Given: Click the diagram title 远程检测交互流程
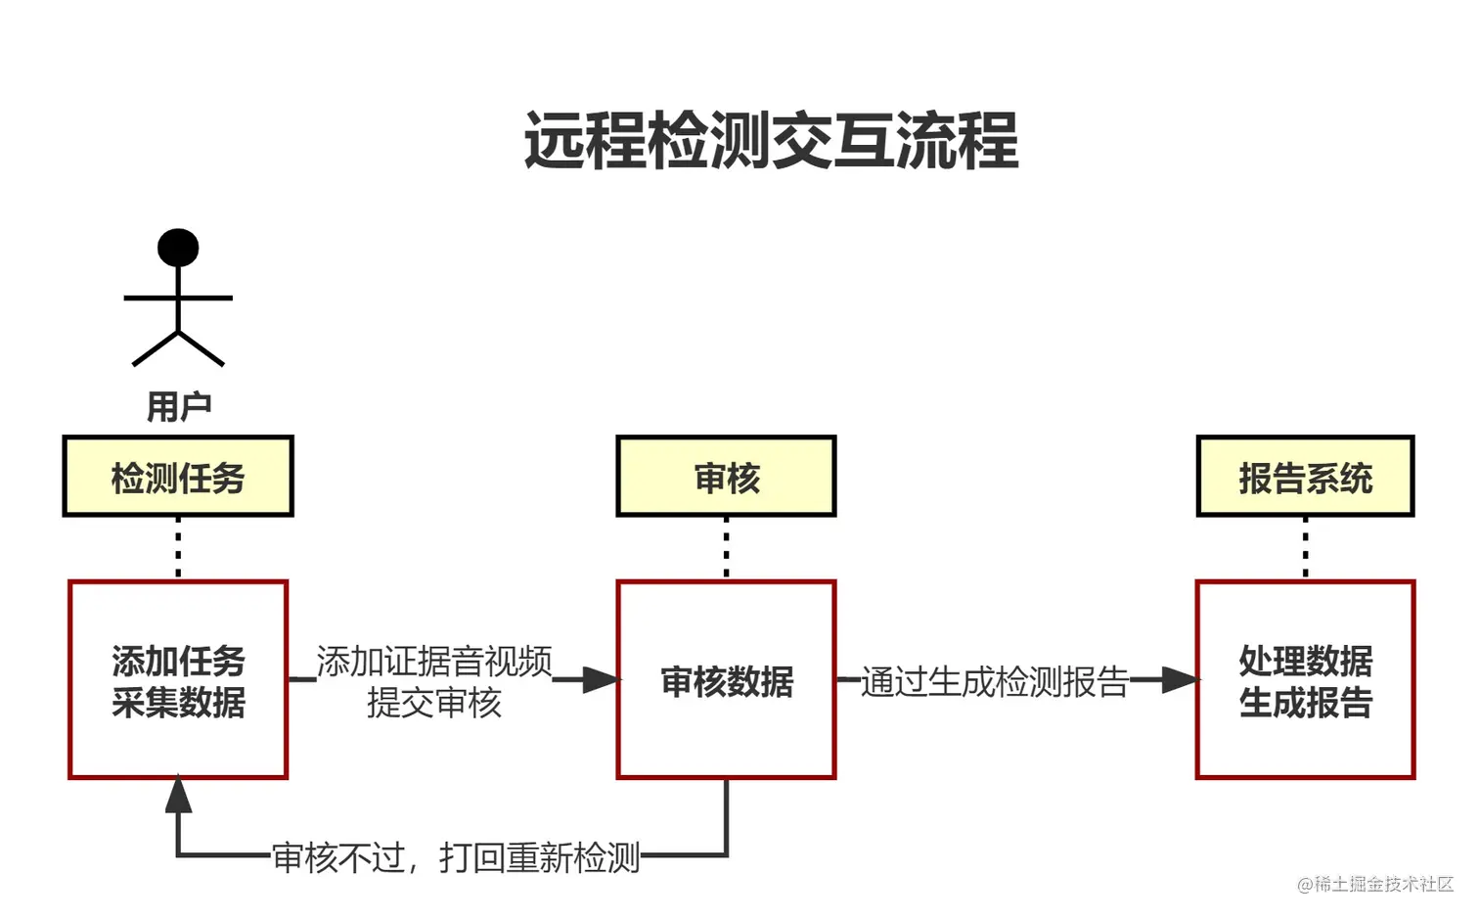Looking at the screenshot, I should click(x=771, y=141).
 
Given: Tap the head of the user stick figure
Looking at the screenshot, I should click(x=178, y=248).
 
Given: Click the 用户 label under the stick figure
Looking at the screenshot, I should click(x=178, y=406).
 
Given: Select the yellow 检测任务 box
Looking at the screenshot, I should click(x=178, y=477).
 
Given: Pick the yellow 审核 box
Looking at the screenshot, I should click(x=726, y=477).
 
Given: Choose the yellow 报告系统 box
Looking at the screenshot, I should click(x=1305, y=477).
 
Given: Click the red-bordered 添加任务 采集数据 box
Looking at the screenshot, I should click(x=178, y=680).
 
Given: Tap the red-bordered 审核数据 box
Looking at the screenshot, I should click(x=726, y=680).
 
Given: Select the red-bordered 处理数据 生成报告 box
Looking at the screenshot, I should click(x=1305, y=680).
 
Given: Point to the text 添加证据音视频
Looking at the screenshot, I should click(x=434, y=662).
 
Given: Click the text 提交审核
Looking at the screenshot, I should click(x=434, y=703).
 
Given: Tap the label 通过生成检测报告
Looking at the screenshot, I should click(x=994, y=682).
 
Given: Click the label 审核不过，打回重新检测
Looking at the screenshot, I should click(x=456, y=857).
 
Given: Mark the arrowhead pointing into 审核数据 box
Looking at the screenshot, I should click(x=601, y=679).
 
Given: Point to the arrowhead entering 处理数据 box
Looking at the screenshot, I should click(x=1180, y=679).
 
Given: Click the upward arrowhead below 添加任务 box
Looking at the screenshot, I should click(x=178, y=795).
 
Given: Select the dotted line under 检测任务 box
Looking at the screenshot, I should click(x=178, y=548).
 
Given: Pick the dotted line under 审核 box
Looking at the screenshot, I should click(x=726, y=548).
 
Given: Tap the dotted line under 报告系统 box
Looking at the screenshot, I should click(x=1305, y=548).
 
